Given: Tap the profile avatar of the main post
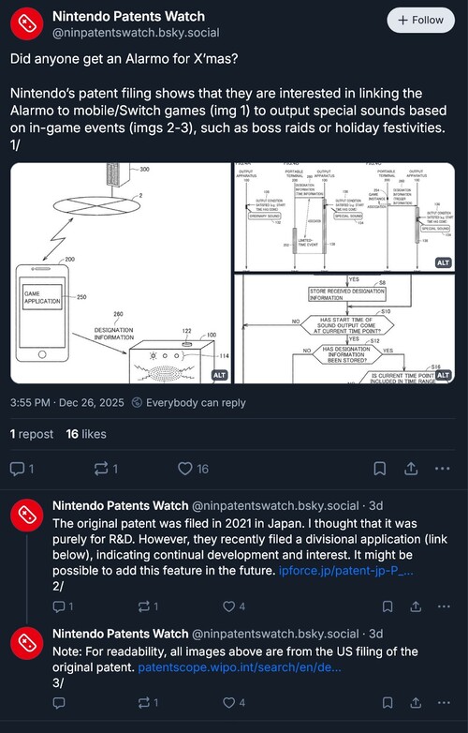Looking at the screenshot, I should (24, 25).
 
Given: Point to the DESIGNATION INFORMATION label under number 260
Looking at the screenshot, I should (119, 335).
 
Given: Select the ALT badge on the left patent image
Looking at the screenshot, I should (219, 374).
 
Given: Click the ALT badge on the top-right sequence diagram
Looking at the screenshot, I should (442, 262).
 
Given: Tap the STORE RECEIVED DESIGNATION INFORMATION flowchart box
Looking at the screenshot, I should (345, 294).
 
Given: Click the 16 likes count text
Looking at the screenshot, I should (86, 434).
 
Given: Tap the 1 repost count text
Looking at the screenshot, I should (31, 434).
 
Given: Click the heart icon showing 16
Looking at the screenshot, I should (185, 469).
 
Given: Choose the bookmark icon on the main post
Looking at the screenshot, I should (380, 469).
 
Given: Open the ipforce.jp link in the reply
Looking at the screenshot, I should (346, 570).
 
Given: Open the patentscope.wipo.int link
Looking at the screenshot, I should (239, 666).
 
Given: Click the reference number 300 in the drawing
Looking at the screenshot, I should (144, 170).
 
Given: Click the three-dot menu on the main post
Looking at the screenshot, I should (444, 469).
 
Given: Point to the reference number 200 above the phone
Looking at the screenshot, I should (68, 258).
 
